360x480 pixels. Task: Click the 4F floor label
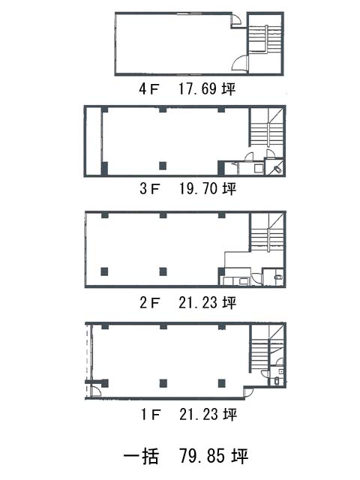149,89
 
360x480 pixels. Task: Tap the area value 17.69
197,88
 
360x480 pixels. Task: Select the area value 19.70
198,188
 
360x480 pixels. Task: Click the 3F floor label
150,188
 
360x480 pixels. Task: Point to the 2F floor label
150,302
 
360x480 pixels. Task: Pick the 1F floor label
150,414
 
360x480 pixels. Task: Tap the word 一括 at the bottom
141,456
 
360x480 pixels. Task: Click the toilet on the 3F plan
277,169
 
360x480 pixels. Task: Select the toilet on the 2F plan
279,277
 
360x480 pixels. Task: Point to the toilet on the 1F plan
277,382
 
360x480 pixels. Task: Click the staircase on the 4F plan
265,40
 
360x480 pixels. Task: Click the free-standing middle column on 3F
163,166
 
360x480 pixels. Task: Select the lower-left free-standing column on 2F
105,271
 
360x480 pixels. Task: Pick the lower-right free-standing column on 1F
222,383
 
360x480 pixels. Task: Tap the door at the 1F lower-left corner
96,391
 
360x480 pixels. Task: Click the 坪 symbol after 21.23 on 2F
229,302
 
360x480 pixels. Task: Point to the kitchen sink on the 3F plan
259,168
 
